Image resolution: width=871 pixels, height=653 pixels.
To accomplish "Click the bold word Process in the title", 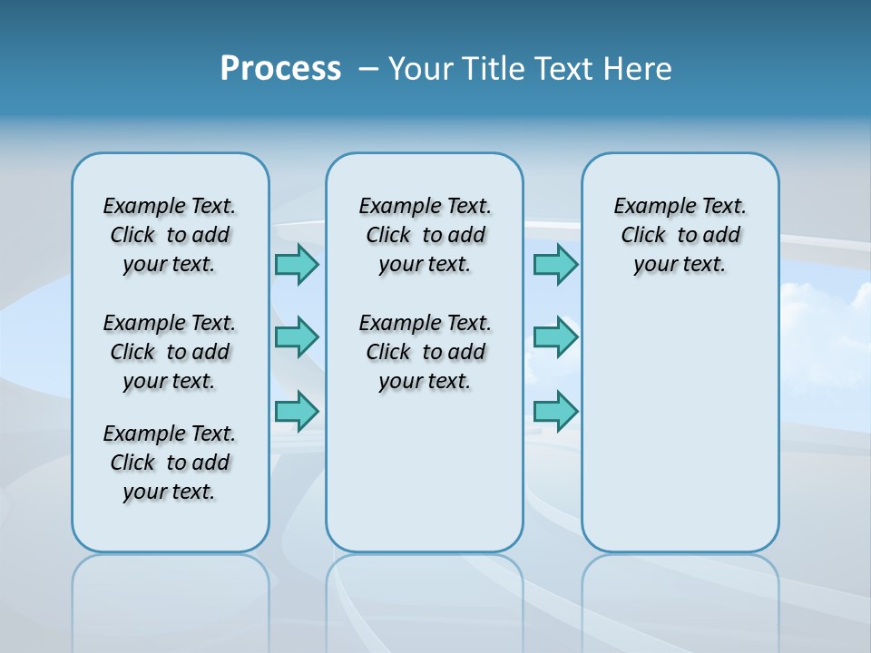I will click(x=280, y=69).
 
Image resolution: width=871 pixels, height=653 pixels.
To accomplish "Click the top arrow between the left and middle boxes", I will click(x=297, y=264).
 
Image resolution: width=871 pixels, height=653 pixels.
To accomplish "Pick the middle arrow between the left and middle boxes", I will click(x=297, y=337).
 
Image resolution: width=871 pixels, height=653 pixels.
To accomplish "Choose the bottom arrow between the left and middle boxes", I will click(x=297, y=411).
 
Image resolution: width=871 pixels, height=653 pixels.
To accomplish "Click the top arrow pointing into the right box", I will click(x=555, y=264).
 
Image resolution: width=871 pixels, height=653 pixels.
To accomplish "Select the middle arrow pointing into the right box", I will click(x=555, y=337).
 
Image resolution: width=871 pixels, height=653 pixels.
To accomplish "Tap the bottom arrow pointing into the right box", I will click(x=555, y=411).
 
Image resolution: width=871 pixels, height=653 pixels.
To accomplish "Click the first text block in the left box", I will click(x=170, y=235).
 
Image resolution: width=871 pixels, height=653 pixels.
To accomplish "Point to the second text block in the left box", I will click(x=170, y=352).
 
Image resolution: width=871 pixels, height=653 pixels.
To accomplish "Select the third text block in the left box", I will click(x=170, y=463).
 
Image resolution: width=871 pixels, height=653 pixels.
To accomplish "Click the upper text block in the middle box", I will click(x=425, y=235).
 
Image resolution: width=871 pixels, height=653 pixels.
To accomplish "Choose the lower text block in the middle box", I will click(x=425, y=352).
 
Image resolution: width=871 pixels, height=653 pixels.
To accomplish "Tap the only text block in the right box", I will click(x=680, y=235).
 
